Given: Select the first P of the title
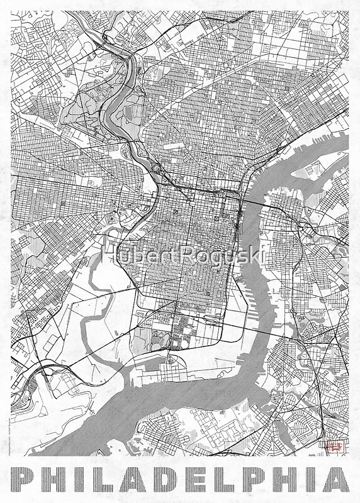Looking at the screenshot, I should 25,480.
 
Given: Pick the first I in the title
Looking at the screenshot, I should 82,480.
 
